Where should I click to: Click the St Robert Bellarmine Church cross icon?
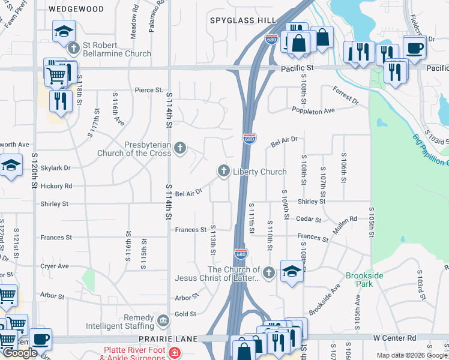tap(74, 49)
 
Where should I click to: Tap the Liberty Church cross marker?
tap(224, 172)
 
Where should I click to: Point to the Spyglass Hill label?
tap(243, 20)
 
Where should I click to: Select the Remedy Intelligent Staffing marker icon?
tap(163, 322)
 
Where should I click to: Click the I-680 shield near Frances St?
tap(241, 254)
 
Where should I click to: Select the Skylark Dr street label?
tap(56, 168)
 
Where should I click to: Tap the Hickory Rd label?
tap(56, 186)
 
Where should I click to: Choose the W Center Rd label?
tap(394, 338)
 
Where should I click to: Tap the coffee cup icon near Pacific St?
tap(414, 47)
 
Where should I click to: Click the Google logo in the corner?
tap(20, 353)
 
